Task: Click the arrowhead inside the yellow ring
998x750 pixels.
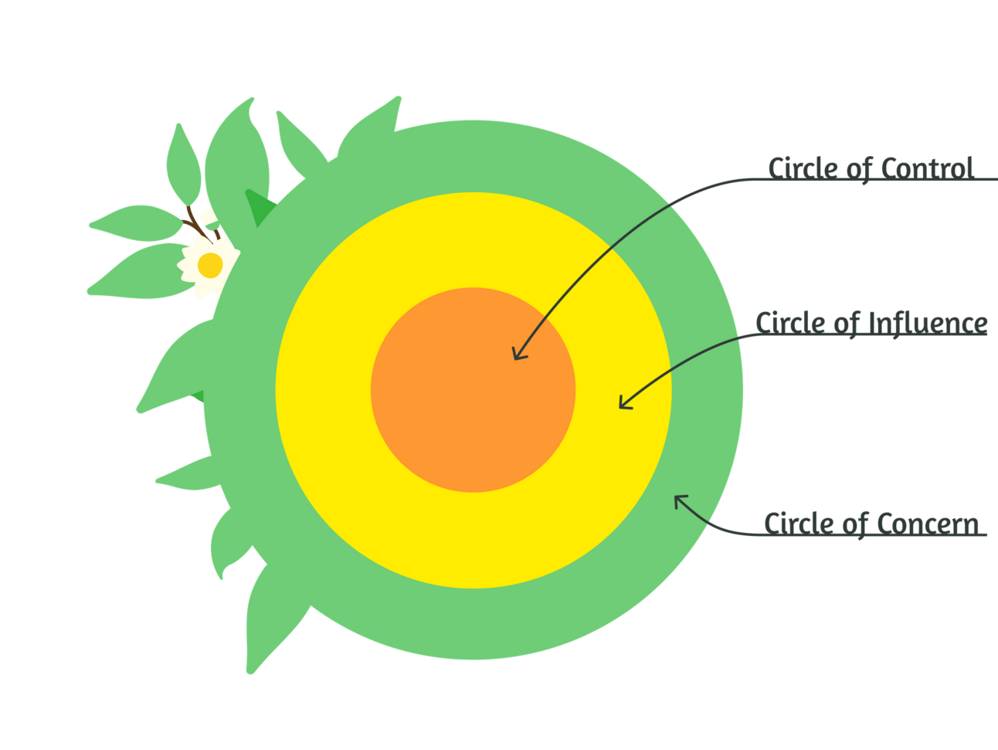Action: click(623, 402)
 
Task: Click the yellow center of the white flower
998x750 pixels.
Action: click(210, 266)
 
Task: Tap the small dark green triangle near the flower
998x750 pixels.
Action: click(258, 205)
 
